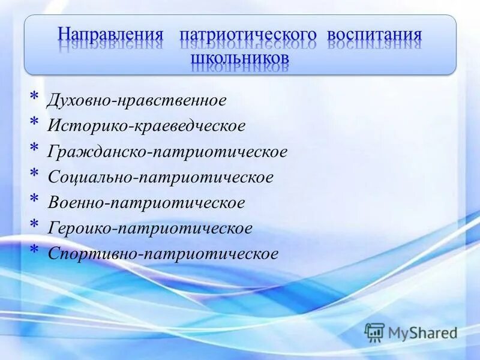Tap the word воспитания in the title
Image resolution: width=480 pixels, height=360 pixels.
tap(374, 34)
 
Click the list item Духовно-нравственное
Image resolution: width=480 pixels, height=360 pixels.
tap(137, 100)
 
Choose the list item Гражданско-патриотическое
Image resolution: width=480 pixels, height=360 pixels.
tap(167, 152)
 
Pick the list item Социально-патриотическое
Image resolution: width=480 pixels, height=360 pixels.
tap(160, 177)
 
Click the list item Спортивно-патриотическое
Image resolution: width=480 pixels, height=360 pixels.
tap(163, 254)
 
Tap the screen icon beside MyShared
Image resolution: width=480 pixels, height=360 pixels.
tap(374, 332)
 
